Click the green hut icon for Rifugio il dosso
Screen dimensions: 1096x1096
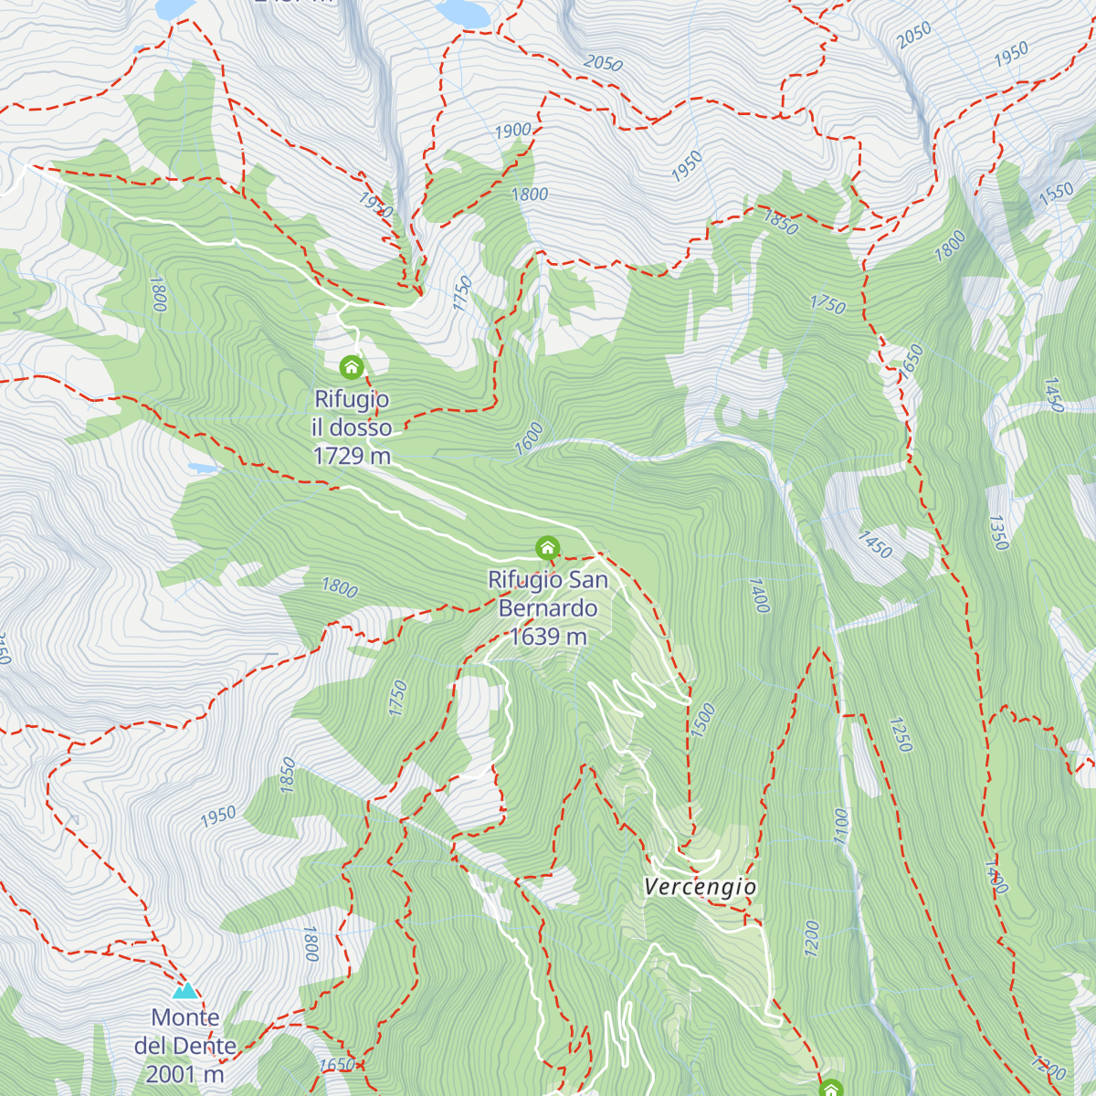(352, 367)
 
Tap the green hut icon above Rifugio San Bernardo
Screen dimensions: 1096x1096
(547, 548)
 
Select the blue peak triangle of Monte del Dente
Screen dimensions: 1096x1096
(185, 990)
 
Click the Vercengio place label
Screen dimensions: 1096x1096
(700, 887)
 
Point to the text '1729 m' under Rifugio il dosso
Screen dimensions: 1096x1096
(352, 456)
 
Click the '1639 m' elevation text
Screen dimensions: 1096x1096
(547, 637)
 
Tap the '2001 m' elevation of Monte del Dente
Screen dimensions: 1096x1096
(185, 1074)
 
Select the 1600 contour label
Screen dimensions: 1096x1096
(529, 438)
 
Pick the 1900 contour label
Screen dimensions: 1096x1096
(512, 131)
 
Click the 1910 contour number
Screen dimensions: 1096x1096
(375, 205)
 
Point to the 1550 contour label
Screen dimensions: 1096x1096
(1056, 193)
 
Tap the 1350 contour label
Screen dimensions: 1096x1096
(997, 532)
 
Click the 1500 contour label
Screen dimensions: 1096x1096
(702, 720)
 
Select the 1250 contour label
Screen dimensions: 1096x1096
(901, 734)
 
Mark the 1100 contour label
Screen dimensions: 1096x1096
(840, 826)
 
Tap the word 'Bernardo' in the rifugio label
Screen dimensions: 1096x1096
(548, 608)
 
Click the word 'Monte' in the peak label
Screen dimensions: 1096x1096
(185, 1017)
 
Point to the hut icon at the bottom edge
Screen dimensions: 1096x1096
(830, 1088)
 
